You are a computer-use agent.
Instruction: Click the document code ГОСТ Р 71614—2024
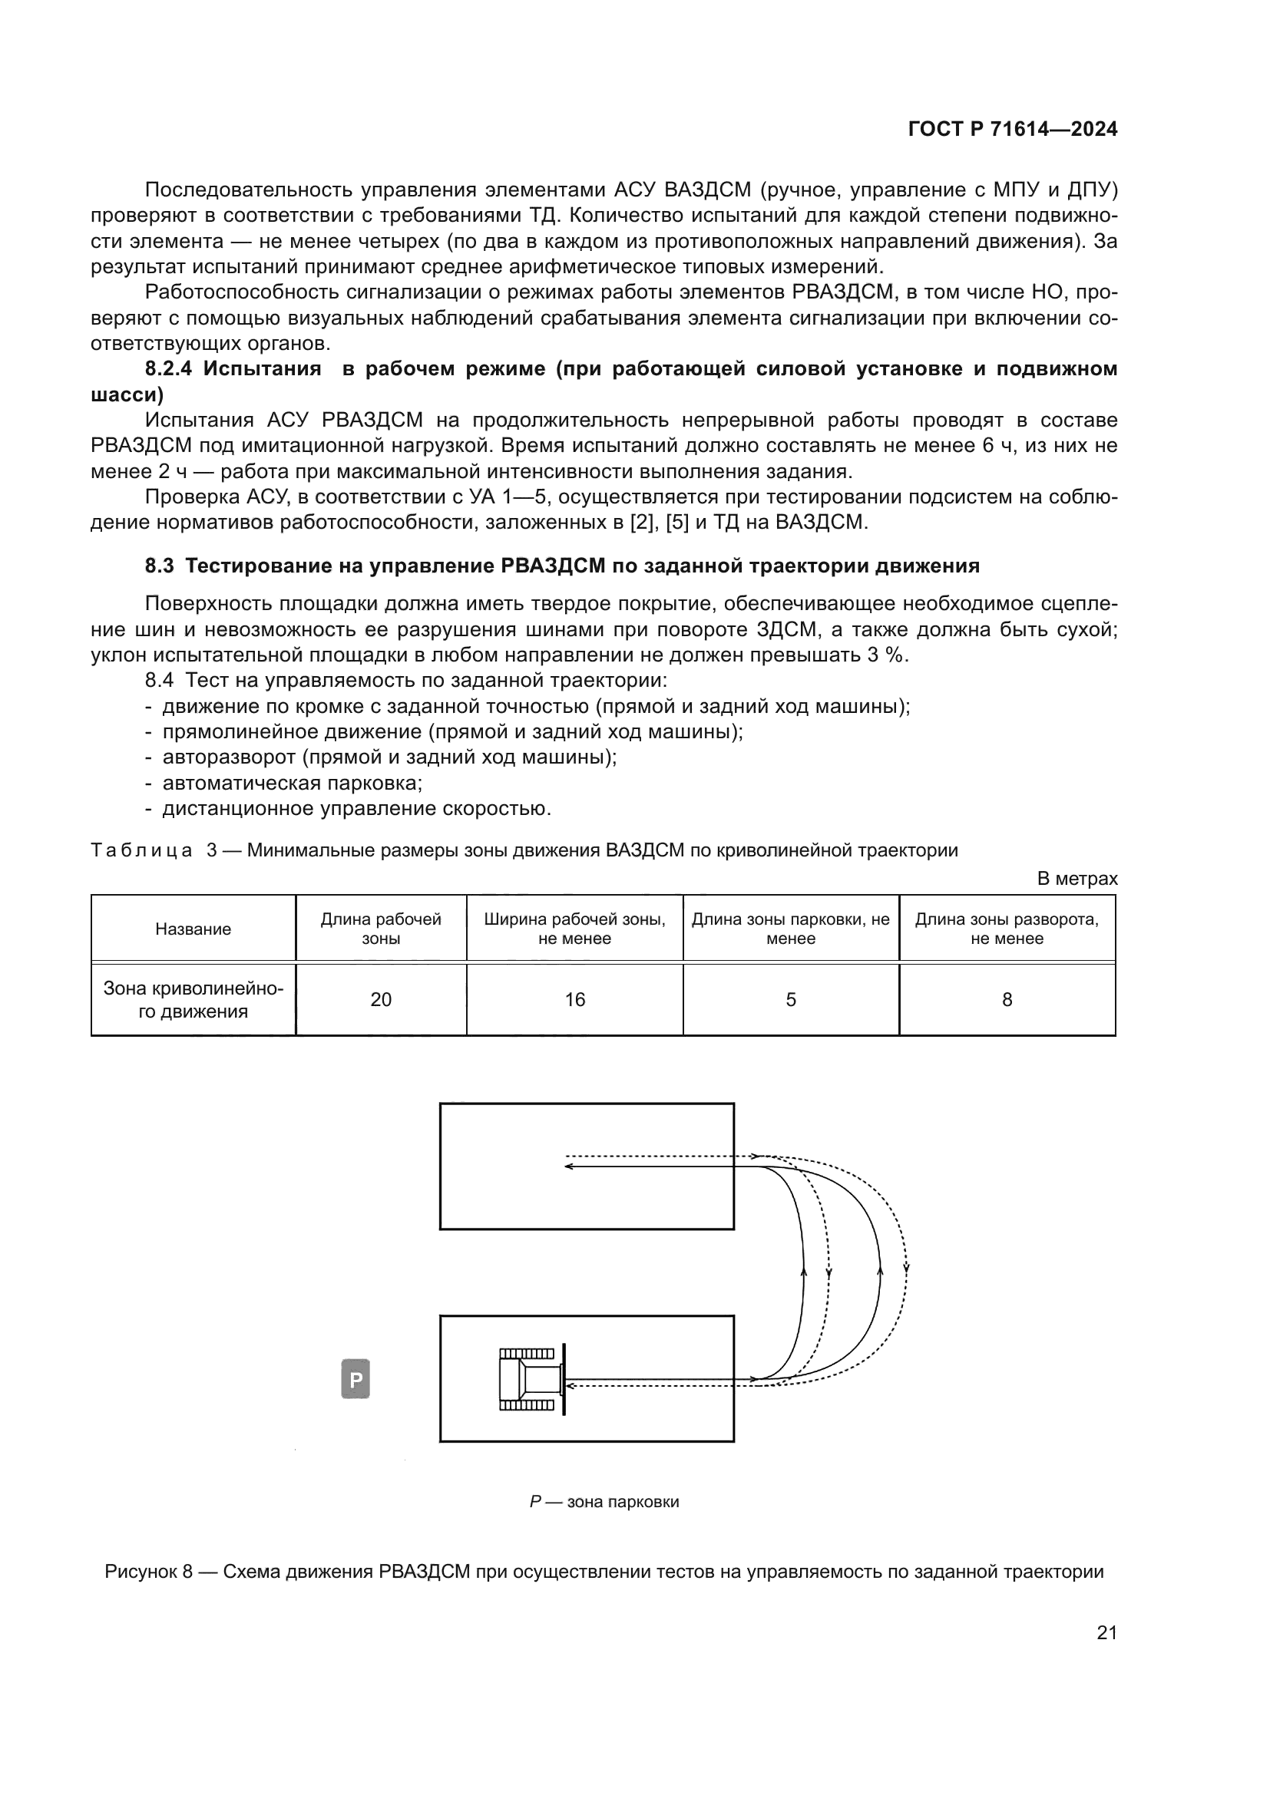coord(1012,130)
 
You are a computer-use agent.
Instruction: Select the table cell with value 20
coord(381,1000)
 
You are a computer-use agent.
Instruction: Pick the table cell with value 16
coord(575,1000)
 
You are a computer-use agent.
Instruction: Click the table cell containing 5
coord(791,1000)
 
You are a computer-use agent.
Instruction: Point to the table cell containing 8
coord(1007,1000)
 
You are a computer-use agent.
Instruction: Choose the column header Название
coord(193,929)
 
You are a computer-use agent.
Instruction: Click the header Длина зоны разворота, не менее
coord(1007,929)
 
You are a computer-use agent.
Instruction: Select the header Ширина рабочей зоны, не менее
coord(575,929)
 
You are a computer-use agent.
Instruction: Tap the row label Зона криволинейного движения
coord(193,1000)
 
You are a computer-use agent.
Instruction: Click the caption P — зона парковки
coord(604,1502)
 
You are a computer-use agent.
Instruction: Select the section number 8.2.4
coord(167,369)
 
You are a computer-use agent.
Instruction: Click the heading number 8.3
coord(160,566)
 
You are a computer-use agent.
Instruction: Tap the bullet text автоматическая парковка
coord(293,783)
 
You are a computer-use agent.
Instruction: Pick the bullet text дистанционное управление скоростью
coord(356,808)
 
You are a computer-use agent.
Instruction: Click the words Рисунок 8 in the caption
coord(149,1572)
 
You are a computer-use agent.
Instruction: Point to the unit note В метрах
coord(1077,879)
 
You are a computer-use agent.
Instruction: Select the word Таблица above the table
coord(141,850)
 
